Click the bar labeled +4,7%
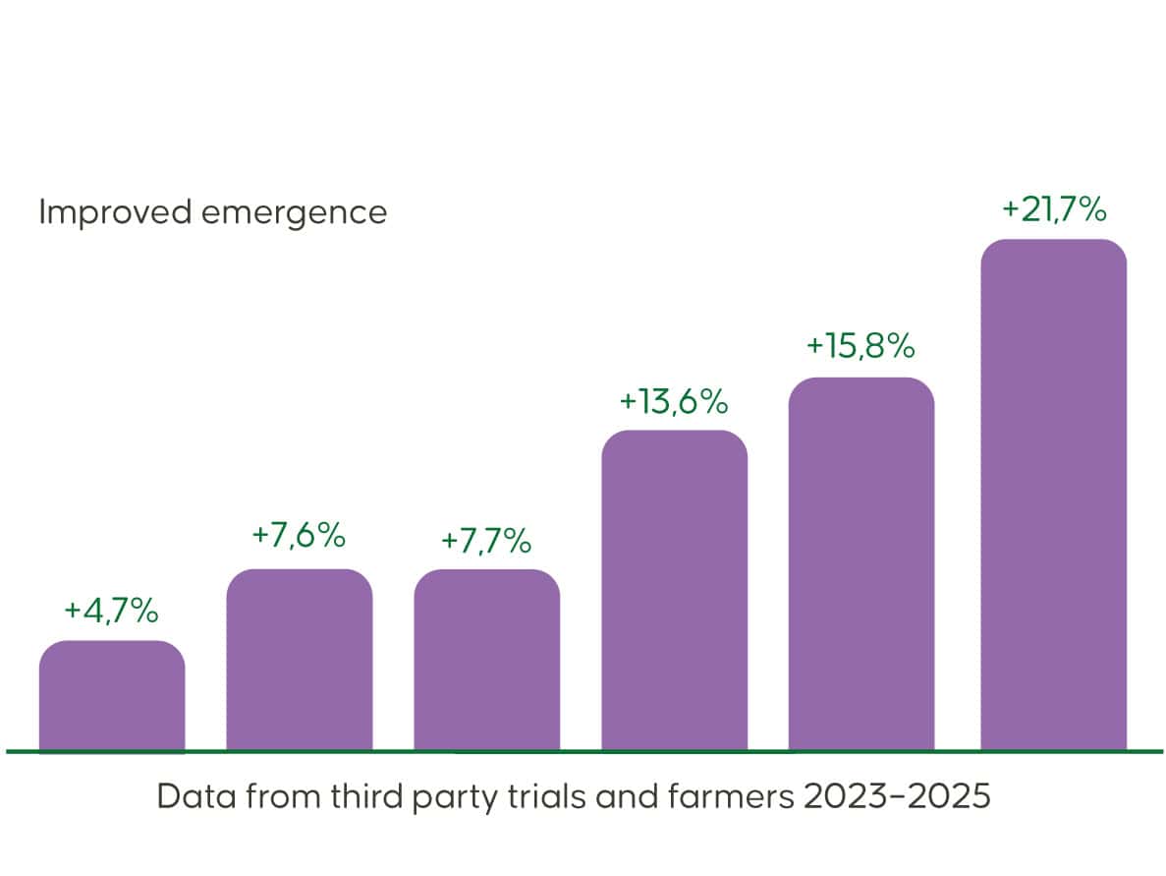pyautogui.click(x=112, y=696)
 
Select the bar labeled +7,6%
pyautogui.click(x=300, y=660)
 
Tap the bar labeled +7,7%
pyautogui.click(x=487, y=660)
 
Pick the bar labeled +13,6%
pyautogui.click(x=675, y=590)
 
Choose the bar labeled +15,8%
pyautogui.click(x=861, y=564)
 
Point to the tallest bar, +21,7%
pyautogui.click(x=1054, y=495)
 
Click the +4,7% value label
pyautogui.click(x=111, y=611)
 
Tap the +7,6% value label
pyautogui.click(x=299, y=536)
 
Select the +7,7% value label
pyautogui.click(x=486, y=541)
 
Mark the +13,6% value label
pyautogui.click(x=674, y=401)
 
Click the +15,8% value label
pyautogui.click(x=861, y=346)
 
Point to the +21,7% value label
pyautogui.click(x=1054, y=209)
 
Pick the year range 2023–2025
pyautogui.click(x=897, y=796)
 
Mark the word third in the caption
pyautogui.click(x=342, y=796)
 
